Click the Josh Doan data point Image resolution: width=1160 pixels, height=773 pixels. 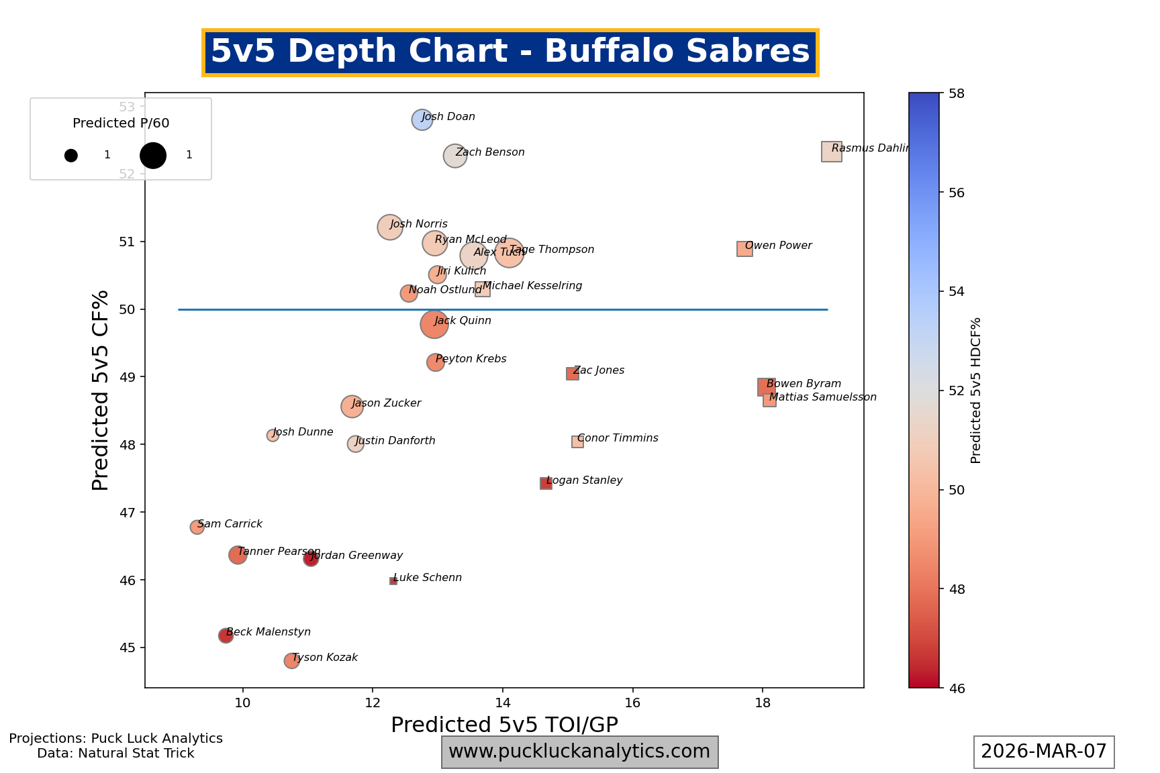(x=422, y=120)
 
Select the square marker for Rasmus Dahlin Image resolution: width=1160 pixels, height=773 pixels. (x=831, y=152)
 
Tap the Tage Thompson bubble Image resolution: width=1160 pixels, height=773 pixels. (x=510, y=253)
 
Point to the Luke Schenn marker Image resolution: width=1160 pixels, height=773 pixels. (x=393, y=581)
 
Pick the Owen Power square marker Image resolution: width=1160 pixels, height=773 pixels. (x=744, y=249)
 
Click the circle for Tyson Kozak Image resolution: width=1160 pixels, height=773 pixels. (x=291, y=661)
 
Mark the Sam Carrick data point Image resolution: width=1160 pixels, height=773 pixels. (x=197, y=527)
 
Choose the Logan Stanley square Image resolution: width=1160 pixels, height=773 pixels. (x=546, y=484)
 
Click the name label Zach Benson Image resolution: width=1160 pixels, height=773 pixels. (x=490, y=152)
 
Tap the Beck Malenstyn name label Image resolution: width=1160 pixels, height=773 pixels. (x=269, y=632)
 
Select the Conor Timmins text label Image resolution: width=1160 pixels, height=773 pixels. (x=618, y=438)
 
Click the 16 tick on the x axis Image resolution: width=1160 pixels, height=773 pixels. (x=632, y=702)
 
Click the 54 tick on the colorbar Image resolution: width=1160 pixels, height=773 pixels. (x=956, y=292)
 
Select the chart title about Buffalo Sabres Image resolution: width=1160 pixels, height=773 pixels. (x=510, y=52)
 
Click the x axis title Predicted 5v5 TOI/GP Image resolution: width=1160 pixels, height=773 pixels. (x=504, y=725)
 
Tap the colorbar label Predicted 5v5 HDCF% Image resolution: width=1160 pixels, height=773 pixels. (x=976, y=391)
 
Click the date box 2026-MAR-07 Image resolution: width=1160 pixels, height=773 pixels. (x=1044, y=752)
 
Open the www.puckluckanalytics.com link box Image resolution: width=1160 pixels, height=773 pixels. (x=579, y=752)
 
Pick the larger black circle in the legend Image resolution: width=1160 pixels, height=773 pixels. (x=153, y=156)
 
